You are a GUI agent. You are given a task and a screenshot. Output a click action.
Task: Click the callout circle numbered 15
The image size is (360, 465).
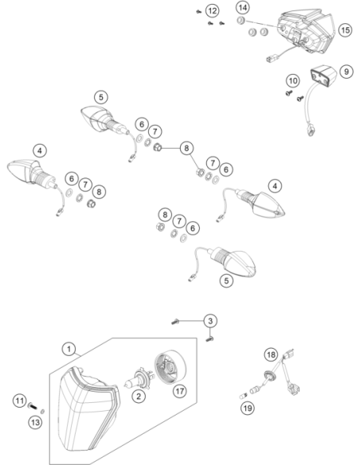345,30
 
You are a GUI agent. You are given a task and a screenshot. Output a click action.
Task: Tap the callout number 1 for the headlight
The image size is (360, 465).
69,349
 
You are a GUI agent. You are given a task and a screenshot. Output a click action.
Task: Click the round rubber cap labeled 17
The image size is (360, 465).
170,367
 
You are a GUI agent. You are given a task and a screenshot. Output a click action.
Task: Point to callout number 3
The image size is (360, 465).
210,321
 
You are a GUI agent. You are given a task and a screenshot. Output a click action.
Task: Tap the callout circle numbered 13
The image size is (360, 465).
35,422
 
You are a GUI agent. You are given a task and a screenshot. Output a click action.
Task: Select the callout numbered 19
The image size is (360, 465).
248,408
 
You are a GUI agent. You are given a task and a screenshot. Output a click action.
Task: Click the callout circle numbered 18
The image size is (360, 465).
271,354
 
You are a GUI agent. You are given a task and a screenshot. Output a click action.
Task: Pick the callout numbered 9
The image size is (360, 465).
346,72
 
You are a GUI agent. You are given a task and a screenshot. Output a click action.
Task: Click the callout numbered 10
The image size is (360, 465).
293,80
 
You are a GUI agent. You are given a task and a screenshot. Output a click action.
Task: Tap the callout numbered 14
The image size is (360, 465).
243,7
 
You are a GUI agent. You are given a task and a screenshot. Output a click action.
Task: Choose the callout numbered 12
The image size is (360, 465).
212,11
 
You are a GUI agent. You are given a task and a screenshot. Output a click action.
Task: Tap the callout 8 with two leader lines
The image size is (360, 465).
186,148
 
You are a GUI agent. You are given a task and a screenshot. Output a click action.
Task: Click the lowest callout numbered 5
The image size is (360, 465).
226,280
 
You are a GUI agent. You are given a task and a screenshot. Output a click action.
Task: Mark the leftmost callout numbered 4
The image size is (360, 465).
40,150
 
